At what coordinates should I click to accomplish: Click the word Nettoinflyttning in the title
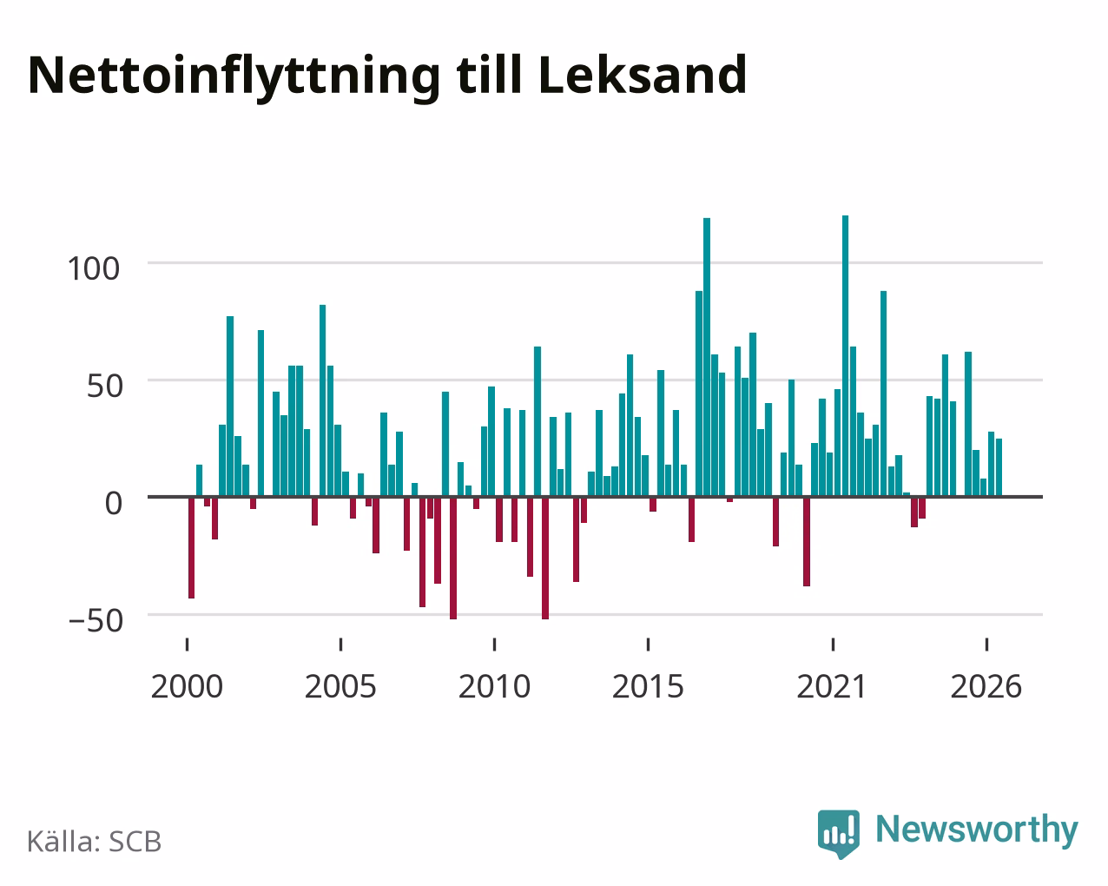(x=234, y=77)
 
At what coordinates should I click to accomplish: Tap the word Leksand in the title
(x=643, y=75)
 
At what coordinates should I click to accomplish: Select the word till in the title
(x=489, y=75)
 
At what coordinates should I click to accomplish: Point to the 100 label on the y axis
(x=94, y=268)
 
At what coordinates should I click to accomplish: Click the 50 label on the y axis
(x=105, y=386)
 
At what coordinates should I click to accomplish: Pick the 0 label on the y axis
(x=114, y=503)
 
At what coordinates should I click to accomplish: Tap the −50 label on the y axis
(x=96, y=620)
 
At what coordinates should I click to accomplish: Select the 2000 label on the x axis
(x=187, y=686)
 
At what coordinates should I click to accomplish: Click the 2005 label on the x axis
(x=340, y=686)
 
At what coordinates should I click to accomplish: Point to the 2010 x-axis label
(x=494, y=686)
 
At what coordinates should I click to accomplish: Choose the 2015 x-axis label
(x=648, y=686)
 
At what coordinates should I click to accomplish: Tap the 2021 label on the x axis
(x=832, y=686)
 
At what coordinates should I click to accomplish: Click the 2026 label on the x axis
(x=986, y=686)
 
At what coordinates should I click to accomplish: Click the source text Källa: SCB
(x=95, y=842)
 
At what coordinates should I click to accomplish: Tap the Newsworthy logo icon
(x=839, y=834)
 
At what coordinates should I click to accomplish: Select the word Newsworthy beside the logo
(x=977, y=830)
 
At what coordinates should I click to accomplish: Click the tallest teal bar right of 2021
(x=845, y=355)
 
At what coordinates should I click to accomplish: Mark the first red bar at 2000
(x=192, y=547)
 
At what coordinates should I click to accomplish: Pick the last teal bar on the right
(x=999, y=467)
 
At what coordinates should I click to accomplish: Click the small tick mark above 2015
(x=648, y=645)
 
